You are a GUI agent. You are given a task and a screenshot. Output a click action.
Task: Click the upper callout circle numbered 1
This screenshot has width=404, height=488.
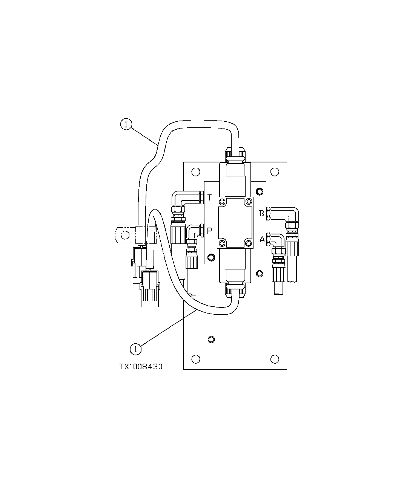126,124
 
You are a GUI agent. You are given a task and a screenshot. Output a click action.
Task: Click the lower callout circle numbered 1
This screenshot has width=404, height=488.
135,349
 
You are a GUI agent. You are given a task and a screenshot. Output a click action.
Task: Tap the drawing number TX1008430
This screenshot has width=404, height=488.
141,366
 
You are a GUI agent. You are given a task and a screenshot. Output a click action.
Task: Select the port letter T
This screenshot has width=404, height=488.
210,197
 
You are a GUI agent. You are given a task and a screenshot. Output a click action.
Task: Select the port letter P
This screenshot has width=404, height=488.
209,231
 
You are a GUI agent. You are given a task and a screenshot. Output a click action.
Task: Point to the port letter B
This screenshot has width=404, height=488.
261,214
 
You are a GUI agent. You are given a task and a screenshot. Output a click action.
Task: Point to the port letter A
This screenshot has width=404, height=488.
262,239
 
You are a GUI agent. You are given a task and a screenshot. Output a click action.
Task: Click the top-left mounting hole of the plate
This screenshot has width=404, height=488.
195,172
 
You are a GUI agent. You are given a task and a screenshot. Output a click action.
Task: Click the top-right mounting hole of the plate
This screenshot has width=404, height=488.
275,172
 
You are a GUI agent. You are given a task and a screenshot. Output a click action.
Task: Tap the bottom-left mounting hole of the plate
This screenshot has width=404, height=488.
195,359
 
